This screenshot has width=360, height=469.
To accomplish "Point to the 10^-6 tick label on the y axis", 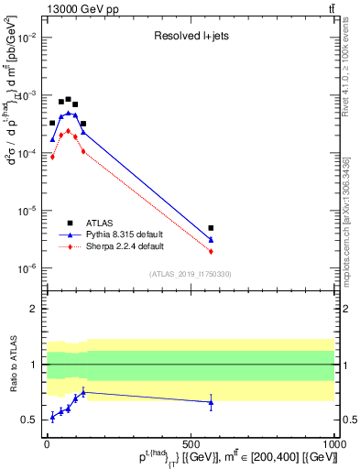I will click(x=28, y=268).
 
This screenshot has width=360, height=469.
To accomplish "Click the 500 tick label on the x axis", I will click(x=191, y=442).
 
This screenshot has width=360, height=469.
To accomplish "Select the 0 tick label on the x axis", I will click(x=46, y=442).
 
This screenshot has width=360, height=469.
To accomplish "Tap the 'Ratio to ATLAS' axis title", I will click(x=12, y=365).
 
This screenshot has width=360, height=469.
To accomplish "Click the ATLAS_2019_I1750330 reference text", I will click(x=190, y=274).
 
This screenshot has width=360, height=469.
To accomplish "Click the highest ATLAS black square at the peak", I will click(x=68, y=99).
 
